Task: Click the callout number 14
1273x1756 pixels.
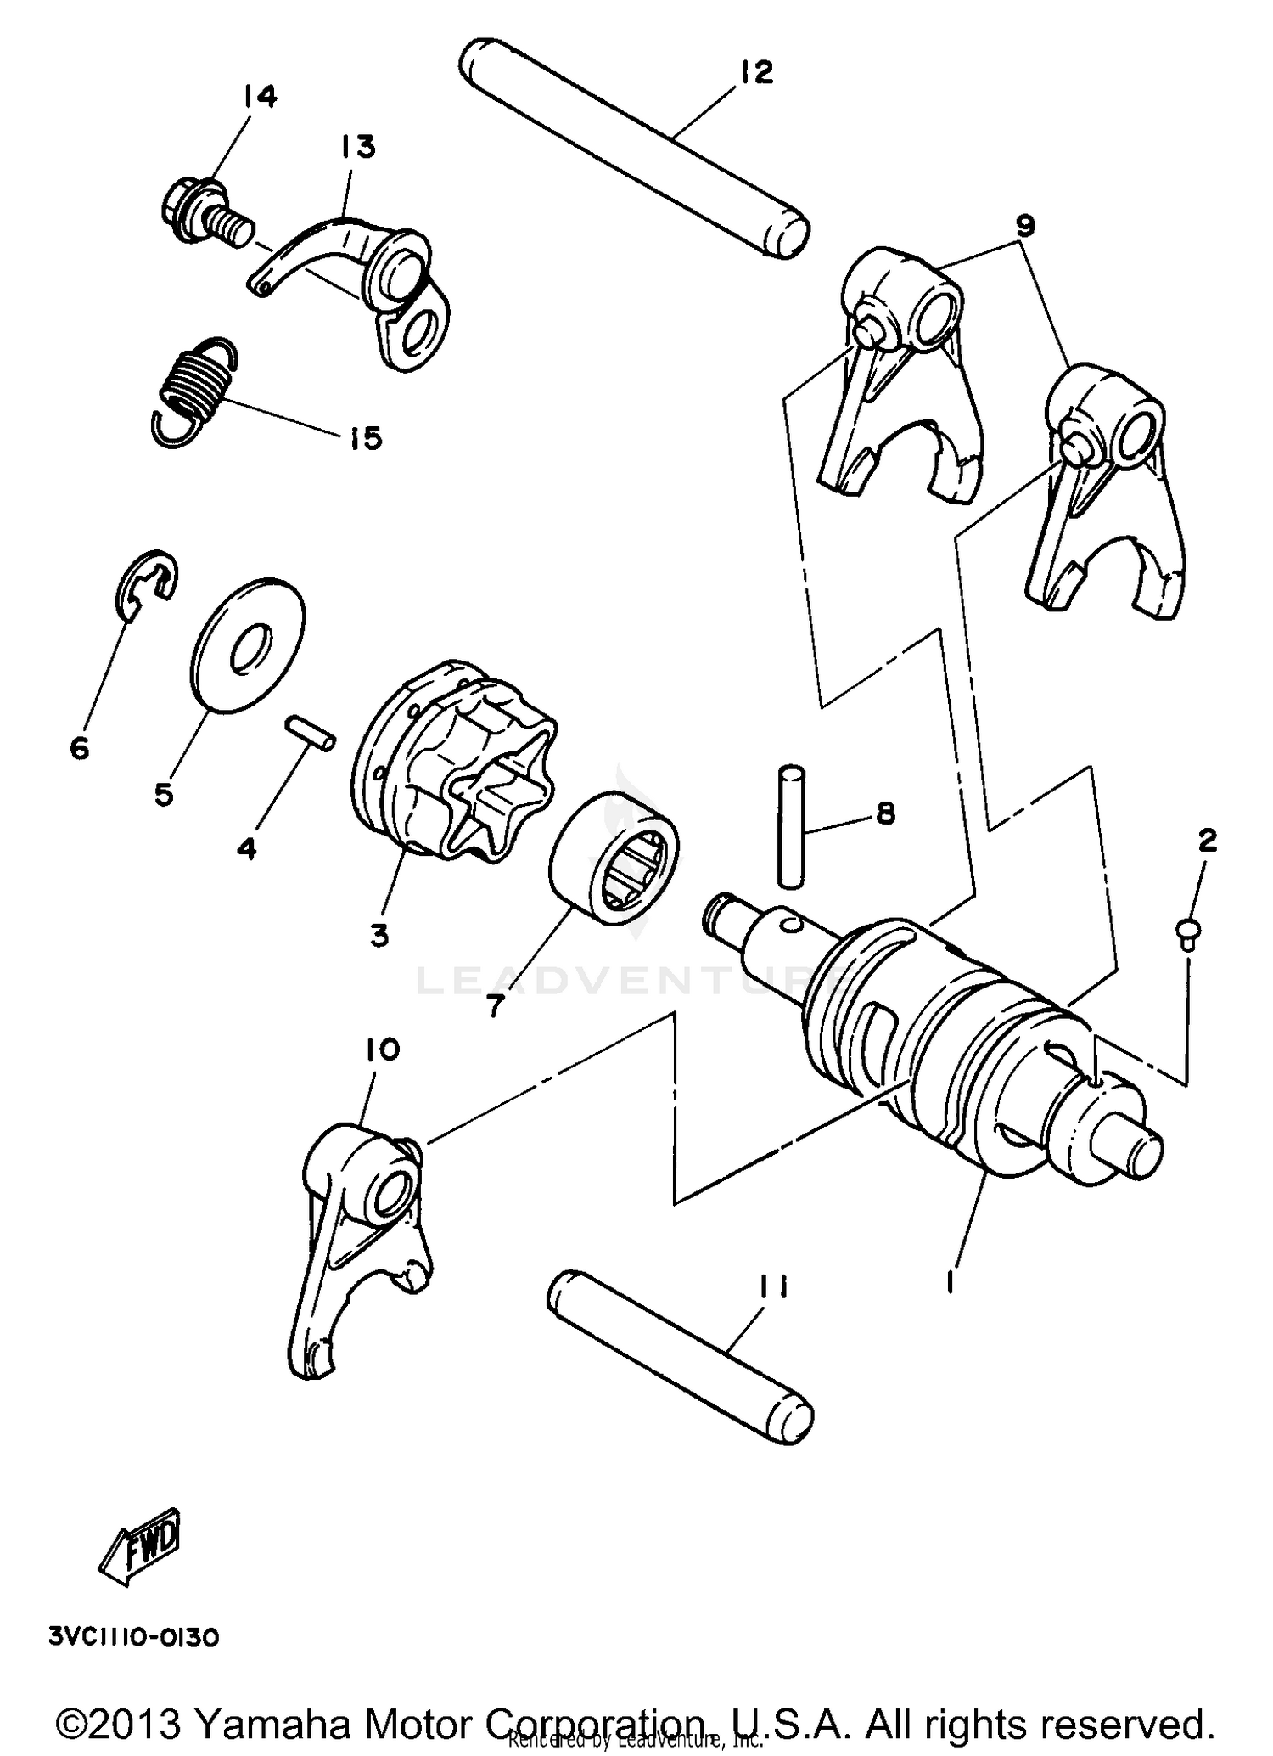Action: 260,97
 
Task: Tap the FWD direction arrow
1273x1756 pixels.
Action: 141,1545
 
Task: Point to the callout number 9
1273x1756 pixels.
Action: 1024,226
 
